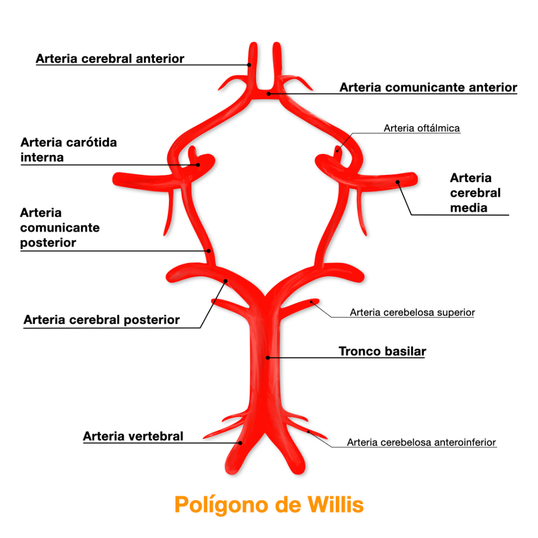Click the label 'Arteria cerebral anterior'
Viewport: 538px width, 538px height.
pyautogui.click(x=110, y=59)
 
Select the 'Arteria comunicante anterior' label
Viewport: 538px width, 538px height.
pyautogui.click(x=428, y=87)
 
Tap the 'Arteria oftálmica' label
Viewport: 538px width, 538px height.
pyautogui.click(x=422, y=128)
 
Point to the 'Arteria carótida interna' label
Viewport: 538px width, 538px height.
pyautogui.click(x=68, y=150)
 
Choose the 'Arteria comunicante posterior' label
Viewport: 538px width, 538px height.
pyautogui.click(x=60, y=228)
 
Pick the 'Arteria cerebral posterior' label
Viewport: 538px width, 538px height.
pyautogui.click(x=101, y=320)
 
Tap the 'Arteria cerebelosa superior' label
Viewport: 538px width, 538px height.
pyautogui.click(x=412, y=312)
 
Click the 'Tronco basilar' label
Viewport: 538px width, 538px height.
pyautogui.click(x=382, y=351)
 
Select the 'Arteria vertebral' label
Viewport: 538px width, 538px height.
pyautogui.click(x=133, y=436)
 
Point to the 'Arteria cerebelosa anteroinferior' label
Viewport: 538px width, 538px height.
pyautogui.click(x=421, y=442)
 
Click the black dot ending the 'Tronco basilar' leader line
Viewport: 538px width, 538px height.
pyautogui.click(x=267, y=357)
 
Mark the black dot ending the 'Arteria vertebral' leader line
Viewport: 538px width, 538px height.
pyautogui.click(x=241, y=443)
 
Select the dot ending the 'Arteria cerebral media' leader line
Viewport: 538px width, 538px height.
pyautogui.click(x=399, y=182)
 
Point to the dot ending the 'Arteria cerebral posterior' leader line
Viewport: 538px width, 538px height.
pyautogui.click(x=226, y=280)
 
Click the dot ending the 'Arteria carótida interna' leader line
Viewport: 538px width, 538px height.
pyautogui.click(x=198, y=165)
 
